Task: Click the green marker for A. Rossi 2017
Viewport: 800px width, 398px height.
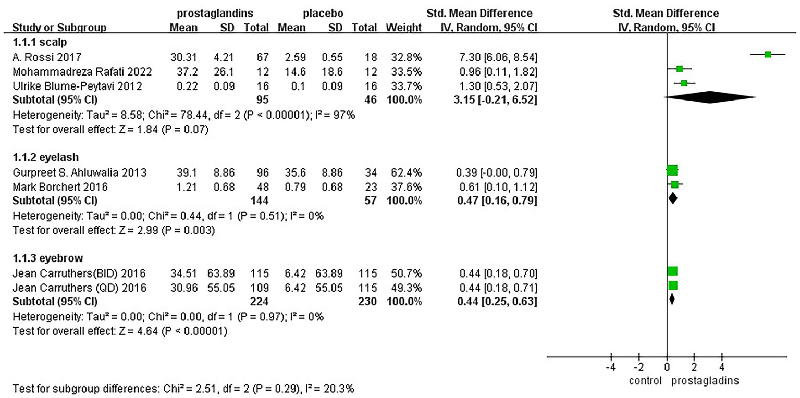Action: pyautogui.click(x=768, y=54)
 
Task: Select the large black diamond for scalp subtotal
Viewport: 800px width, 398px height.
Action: pyautogui.click(x=710, y=97)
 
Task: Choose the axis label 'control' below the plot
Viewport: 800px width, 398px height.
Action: pyautogui.click(x=646, y=381)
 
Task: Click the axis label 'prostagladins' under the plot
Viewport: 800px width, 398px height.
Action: pyautogui.click(x=706, y=381)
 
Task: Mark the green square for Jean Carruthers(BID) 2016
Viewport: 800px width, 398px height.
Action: pyautogui.click(x=672, y=271)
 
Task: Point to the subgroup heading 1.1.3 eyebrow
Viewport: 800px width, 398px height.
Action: pyautogui.click(x=40, y=257)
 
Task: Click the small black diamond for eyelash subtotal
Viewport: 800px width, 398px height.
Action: pyautogui.click(x=673, y=198)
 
